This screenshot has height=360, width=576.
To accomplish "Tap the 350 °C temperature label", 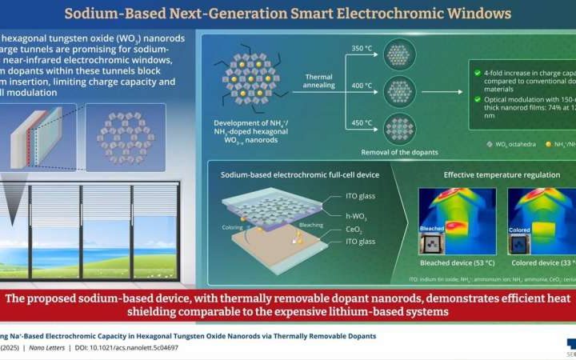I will pos(361,48).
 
